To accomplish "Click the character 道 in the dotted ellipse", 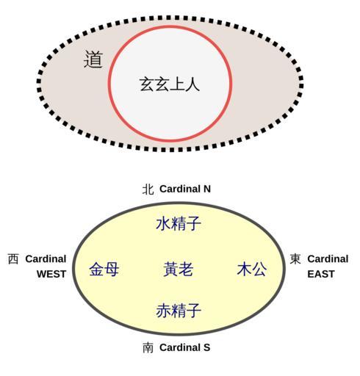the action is pyautogui.click(x=93, y=59).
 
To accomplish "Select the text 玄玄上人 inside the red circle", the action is pyautogui.click(x=170, y=84).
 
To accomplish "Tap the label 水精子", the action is pyautogui.click(x=179, y=223).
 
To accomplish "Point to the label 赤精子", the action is pyautogui.click(x=179, y=310).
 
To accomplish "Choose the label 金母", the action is pyautogui.click(x=104, y=269).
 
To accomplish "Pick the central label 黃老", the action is pyautogui.click(x=179, y=269).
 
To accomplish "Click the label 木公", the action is pyautogui.click(x=252, y=269).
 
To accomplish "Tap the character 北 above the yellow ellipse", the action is pyautogui.click(x=148, y=189).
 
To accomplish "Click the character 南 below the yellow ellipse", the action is pyautogui.click(x=148, y=348).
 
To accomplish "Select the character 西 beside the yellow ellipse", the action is pyautogui.click(x=13, y=259).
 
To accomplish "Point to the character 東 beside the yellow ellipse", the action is pyautogui.click(x=295, y=259).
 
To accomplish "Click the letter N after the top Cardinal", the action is pyautogui.click(x=207, y=189).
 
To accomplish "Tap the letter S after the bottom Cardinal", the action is pyautogui.click(x=206, y=347).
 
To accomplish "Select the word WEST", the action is pyautogui.click(x=51, y=274).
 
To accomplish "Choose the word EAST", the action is pyautogui.click(x=321, y=274).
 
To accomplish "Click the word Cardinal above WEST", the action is pyautogui.click(x=46, y=259).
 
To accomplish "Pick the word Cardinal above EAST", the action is pyautogui.click(x=328, y=259).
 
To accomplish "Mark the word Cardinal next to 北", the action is pyautogui.click(x=180, y=189).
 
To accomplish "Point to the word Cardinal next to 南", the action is pyautogui.click(x=180, y=347).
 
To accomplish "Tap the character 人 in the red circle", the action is pyautogui.click(x=192, y=84).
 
